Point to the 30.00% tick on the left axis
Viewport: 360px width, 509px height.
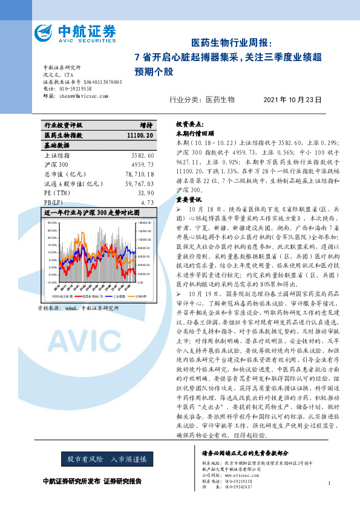coord(50,223)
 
